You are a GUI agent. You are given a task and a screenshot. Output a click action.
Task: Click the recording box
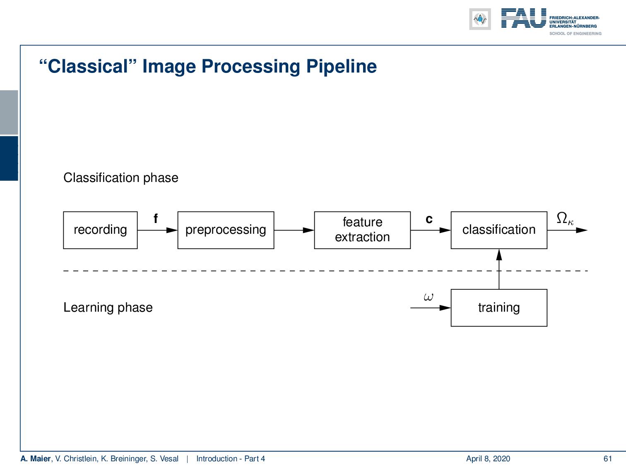[100, 230]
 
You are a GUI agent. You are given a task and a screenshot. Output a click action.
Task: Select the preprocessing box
[226, 230]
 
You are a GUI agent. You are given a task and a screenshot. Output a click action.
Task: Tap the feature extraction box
[362, 230]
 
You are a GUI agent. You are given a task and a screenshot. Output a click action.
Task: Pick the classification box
[498, 230]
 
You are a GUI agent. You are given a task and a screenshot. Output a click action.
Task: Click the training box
[498, 308]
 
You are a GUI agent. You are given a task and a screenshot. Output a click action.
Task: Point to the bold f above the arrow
[156, 219]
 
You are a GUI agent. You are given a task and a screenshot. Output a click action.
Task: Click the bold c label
[429, 219]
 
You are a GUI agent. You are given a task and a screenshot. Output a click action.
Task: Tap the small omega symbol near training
[429, 297]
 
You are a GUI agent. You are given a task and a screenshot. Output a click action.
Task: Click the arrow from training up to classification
[499, 269]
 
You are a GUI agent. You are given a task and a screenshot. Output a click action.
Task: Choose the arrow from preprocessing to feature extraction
[294, 230]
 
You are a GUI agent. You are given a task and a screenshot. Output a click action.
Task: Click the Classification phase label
[120, 178]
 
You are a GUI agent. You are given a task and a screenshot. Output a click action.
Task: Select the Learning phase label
[108, 308]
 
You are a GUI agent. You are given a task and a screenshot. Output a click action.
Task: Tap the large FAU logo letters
[523, 19]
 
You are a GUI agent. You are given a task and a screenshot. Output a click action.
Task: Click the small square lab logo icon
[480, 19]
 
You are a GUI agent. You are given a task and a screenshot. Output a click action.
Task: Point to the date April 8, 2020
[488, 458]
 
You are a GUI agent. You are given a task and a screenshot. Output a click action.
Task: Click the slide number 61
[607, 458]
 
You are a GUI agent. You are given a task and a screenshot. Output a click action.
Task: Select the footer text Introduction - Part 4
[230, 458]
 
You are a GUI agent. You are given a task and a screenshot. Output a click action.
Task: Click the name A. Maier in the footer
[35, 458]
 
